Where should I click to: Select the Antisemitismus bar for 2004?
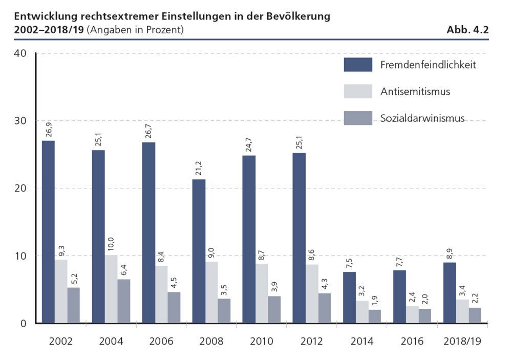point(111,289)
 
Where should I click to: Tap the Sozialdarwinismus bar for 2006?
point(174,307)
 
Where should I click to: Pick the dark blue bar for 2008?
point(199,251)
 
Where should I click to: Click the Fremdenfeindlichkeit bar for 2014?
point(349,297)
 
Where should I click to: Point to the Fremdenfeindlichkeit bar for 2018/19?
point(450,292)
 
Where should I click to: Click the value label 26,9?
point(48,130)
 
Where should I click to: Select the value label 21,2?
point(199,168)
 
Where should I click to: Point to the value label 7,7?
point(399,261)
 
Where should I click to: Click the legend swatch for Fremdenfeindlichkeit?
point(358,65)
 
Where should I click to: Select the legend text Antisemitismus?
point(415,92)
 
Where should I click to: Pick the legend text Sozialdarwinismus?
point(422,118)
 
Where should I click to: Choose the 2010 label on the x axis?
point(262,341)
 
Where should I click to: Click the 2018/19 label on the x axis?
point(462,341)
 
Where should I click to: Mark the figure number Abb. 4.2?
point(467,30)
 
